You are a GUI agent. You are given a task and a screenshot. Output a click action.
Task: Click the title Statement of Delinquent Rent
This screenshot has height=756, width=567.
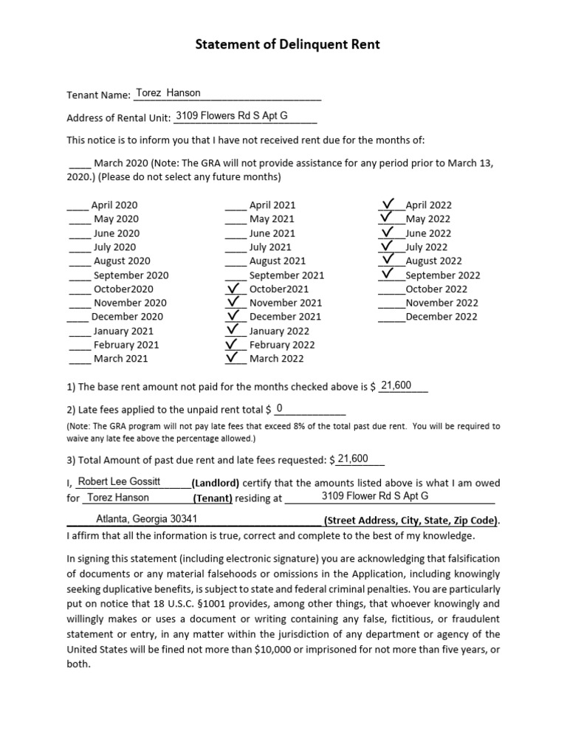coord(287,45)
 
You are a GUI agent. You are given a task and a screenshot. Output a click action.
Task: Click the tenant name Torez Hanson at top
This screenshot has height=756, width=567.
coord(168,93)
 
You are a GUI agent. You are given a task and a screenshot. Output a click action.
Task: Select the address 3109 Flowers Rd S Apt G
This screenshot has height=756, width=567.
coord(231,116)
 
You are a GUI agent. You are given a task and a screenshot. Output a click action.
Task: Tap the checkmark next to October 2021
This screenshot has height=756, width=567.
coord(234,288)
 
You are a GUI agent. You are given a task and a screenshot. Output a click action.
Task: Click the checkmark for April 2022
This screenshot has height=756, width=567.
coord(389,204)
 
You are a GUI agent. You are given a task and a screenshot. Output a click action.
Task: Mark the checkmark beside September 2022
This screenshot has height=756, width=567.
coord(389,274)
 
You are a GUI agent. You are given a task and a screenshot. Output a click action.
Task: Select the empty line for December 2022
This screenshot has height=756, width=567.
coord(391,317)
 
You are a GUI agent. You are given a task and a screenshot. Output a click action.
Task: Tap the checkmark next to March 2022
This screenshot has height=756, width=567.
coord(234,357)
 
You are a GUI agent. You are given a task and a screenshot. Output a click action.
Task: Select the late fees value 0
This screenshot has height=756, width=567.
coord(279,408)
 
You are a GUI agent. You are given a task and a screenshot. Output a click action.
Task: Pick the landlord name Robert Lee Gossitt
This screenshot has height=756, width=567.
coord(119,481)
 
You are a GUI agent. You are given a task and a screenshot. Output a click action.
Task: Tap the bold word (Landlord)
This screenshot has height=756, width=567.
coord(216,483)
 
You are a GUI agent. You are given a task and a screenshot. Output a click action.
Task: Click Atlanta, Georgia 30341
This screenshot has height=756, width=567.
coord(146,518)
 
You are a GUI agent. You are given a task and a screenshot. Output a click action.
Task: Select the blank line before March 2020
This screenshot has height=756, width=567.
coord(79,163)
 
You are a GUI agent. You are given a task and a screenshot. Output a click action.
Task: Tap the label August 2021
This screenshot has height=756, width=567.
coord(277,261)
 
